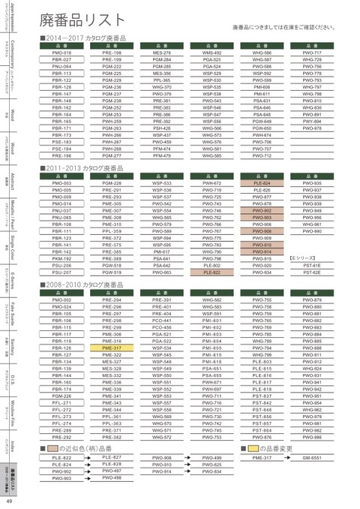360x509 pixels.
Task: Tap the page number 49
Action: [9, 501]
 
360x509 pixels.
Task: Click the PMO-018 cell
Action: [61, 53]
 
